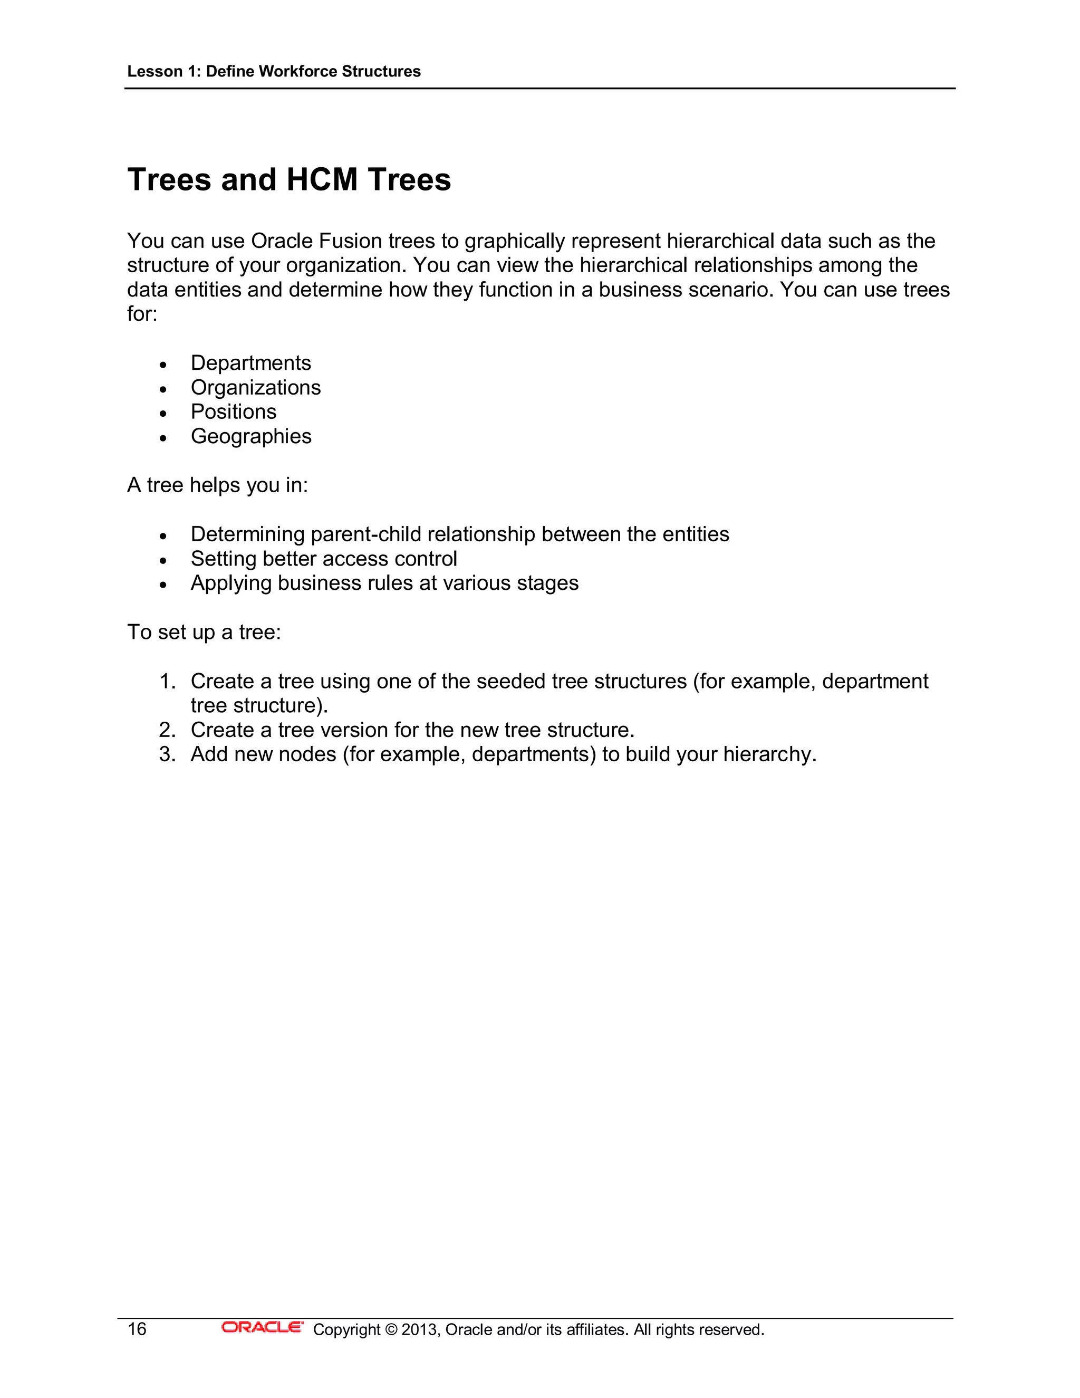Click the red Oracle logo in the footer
pos(262,1328)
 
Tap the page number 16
pos(137,1329)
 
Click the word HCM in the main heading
pos(322,179)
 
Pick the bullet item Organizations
pos(255,387)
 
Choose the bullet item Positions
pos(234,411)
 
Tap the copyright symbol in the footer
pos(391,1330)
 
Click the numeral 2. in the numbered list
pos(167,730)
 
